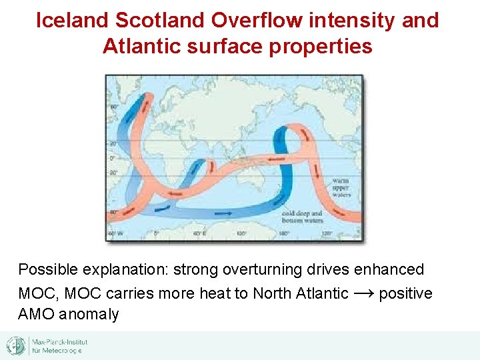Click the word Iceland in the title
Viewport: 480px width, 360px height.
[72, 21]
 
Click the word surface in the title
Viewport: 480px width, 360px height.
[225, 47]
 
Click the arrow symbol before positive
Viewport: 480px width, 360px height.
[363, 293]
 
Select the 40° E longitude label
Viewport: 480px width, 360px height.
[197, 234]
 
